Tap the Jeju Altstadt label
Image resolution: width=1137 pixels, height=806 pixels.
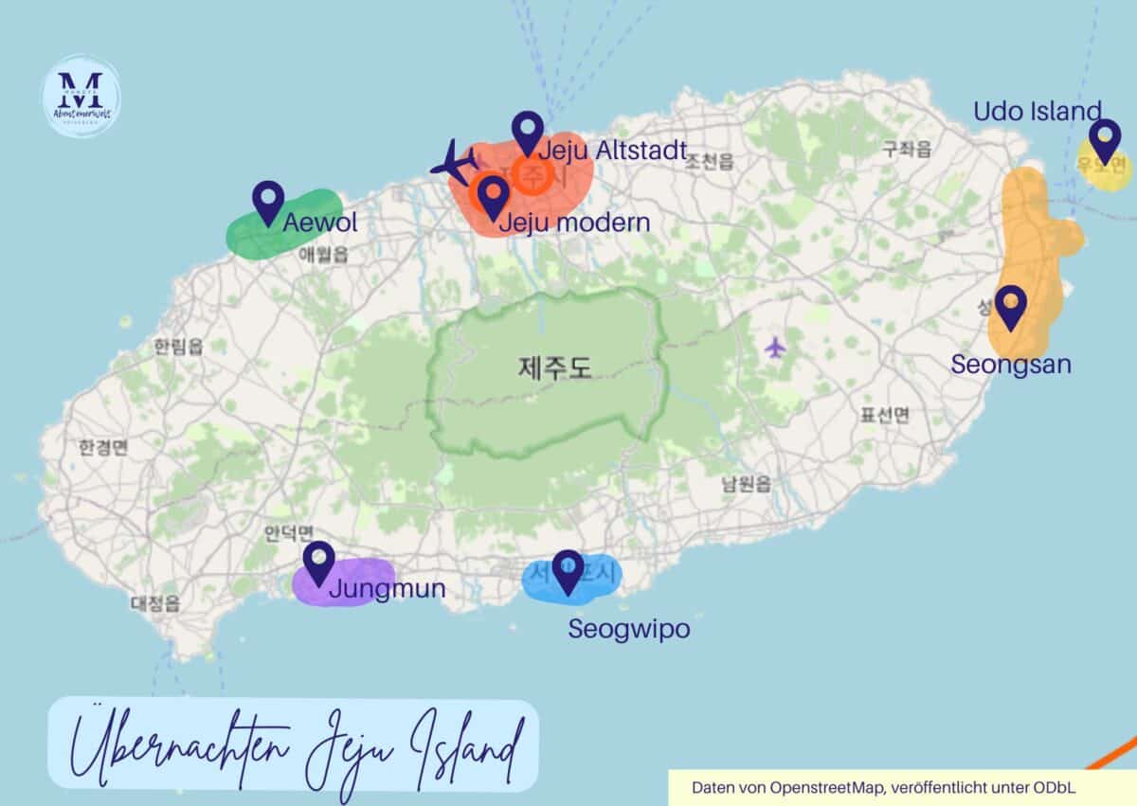click(611, 151)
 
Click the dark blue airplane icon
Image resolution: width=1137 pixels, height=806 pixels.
click(455, 162)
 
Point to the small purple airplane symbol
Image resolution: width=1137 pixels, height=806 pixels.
click(776, 348)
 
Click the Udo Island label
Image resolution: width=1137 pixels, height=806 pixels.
click(1038, 111)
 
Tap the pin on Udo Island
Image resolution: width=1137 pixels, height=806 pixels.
click(1104, 140)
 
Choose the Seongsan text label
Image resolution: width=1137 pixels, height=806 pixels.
click(1011, 364)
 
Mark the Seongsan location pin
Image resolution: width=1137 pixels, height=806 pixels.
click(1011, 307)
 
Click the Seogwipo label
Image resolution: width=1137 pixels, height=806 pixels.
click(628, 629)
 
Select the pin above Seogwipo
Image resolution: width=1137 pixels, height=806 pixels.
click(568, 571)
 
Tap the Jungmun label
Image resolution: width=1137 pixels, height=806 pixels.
click(387, 590)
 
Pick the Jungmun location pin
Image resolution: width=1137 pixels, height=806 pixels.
click(319, 563)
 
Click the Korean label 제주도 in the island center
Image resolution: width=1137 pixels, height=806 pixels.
click(555, 367)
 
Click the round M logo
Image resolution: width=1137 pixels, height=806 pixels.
click(81, 97)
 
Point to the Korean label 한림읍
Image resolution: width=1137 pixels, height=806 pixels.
click(178, 347)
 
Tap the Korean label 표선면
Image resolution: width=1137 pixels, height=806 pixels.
click(884, 414)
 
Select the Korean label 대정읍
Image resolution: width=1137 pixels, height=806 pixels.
click(155, 602)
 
